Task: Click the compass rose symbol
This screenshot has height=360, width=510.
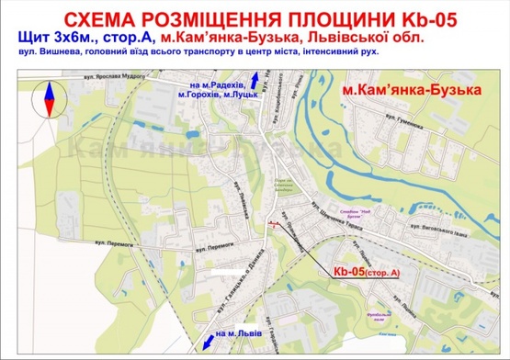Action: pyautogui.click(x=45, y=98)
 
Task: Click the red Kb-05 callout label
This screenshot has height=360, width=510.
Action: pyautogui.click(x=367, y=272)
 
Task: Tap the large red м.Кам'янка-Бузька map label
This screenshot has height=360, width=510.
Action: pyautogui.click(x=411, y=94)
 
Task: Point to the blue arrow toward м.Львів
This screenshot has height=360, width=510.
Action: pyautogui.click(x=197, y=334)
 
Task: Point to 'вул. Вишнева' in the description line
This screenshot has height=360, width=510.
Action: pyautogui.click(x=47, y=55)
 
